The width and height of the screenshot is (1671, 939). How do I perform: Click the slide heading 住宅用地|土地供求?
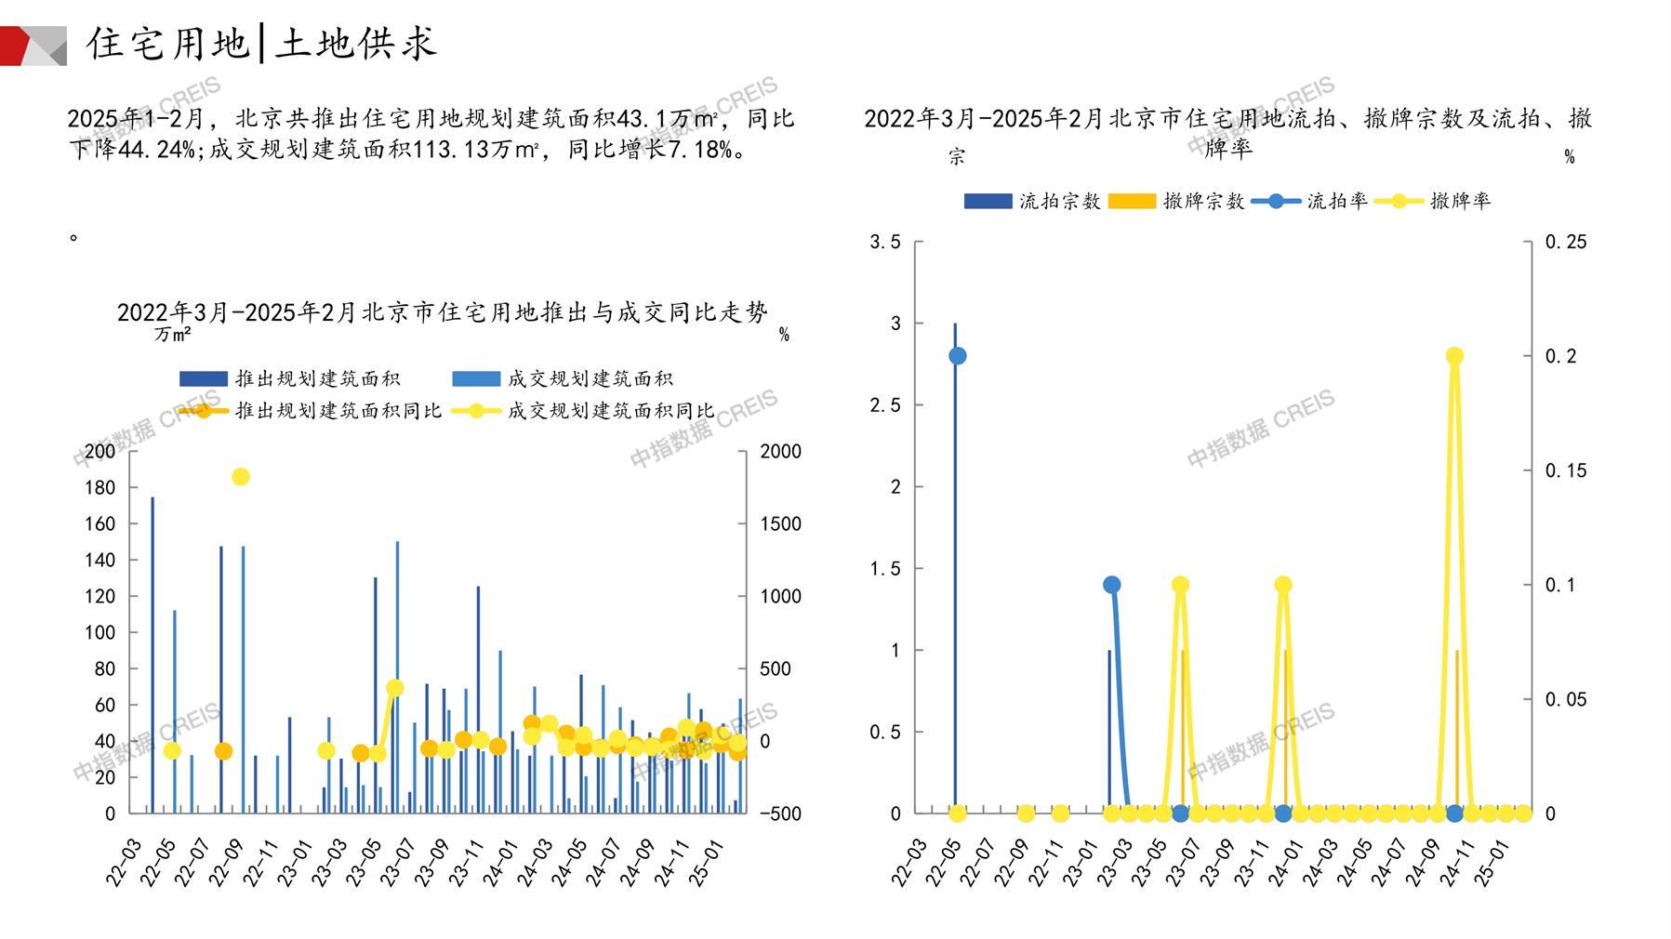tap(261, 44)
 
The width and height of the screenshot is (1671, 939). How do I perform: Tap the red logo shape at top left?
tap(16, 46)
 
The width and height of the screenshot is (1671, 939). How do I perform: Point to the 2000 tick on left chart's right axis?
tap(780, 452)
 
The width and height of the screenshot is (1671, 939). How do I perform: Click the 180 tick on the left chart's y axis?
tap(99, 488)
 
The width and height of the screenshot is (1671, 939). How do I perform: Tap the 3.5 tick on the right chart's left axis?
tap(884, 243)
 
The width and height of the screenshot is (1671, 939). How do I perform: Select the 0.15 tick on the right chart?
tap(1566, 471)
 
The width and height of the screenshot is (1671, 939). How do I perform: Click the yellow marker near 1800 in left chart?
tap(240, 477)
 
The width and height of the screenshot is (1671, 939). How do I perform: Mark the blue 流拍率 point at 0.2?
tap(958, 356)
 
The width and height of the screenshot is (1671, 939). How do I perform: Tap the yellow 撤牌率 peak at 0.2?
tap(1455, 356)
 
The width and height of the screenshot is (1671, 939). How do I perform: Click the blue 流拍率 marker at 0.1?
tap(1111, 585)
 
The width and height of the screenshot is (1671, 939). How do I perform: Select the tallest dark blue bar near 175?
tap(153, 651)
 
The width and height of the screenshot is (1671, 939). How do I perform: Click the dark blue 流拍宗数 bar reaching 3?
tap(954, 567)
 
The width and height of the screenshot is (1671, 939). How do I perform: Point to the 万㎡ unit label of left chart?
tap(173, 335)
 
